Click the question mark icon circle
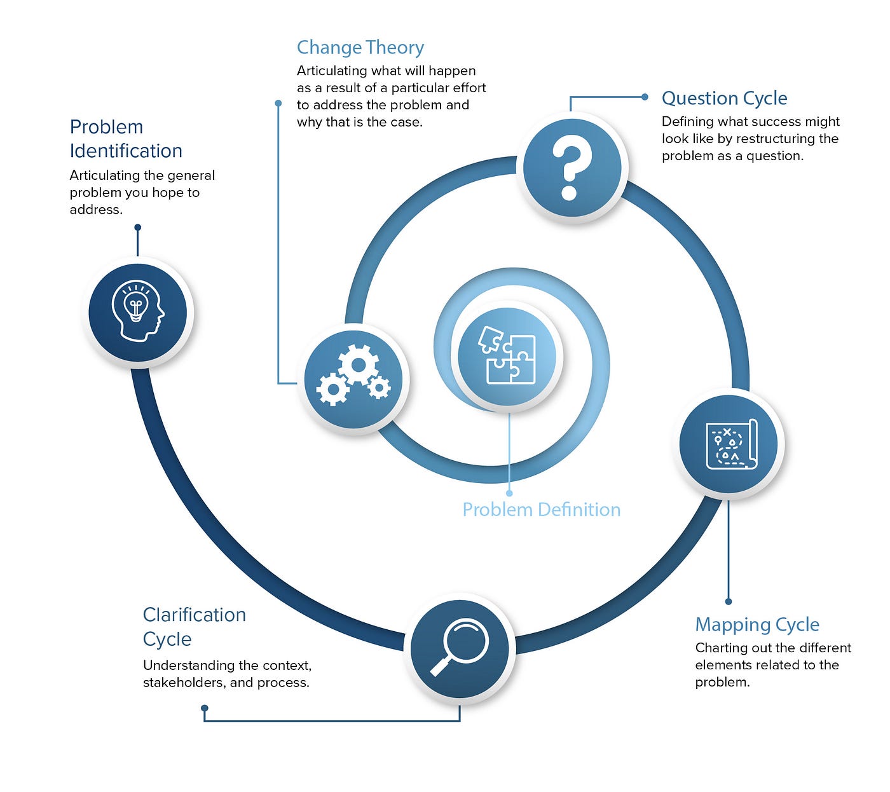(x=572, y=168)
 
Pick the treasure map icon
(x=731, y=444)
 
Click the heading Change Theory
(x=360, y=48)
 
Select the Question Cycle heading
(x=724, y=99)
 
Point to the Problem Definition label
(x=541, y=510)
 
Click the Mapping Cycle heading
(x=756, y=625)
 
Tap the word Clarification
(x=194, y=615)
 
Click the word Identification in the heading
(x=126, y=151)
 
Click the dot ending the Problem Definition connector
(x=509, y=493)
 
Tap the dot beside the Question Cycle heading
(x=645, y=97)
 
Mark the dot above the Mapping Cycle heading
(x=729, y=601)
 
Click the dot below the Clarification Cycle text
(x=204, y=708)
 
